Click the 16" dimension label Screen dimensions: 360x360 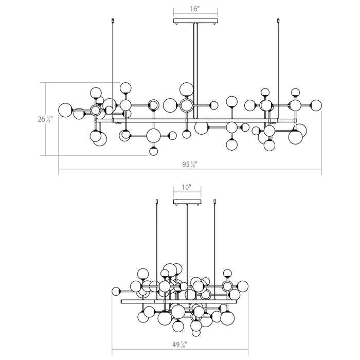(195, 9)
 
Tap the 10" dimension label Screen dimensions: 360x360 (187, 187)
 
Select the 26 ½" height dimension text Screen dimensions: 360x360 (45, 119)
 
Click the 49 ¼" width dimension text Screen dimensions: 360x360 (180, 345)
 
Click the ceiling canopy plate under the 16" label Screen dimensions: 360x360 (195, 22)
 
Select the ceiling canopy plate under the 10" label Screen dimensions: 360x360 (187, 202)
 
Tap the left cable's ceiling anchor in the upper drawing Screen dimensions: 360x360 (113, 20)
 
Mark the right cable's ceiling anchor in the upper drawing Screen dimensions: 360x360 (279, 20)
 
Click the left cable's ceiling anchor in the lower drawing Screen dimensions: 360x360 (157, 202)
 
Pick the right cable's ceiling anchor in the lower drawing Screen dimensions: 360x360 (215, 202)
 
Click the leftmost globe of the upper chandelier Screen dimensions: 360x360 (65, 110)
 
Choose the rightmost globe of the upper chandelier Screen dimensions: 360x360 (316, 105)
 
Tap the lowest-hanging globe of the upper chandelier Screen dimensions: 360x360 (153, 151)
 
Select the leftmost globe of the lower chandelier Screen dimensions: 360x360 (116, 292)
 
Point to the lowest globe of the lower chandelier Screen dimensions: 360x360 (196, 332)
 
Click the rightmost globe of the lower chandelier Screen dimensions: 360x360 (242, 286)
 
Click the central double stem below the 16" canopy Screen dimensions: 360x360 (195, 71)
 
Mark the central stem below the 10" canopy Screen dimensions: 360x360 (187, 252)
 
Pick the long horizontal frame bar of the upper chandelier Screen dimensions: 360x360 (196, 120)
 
